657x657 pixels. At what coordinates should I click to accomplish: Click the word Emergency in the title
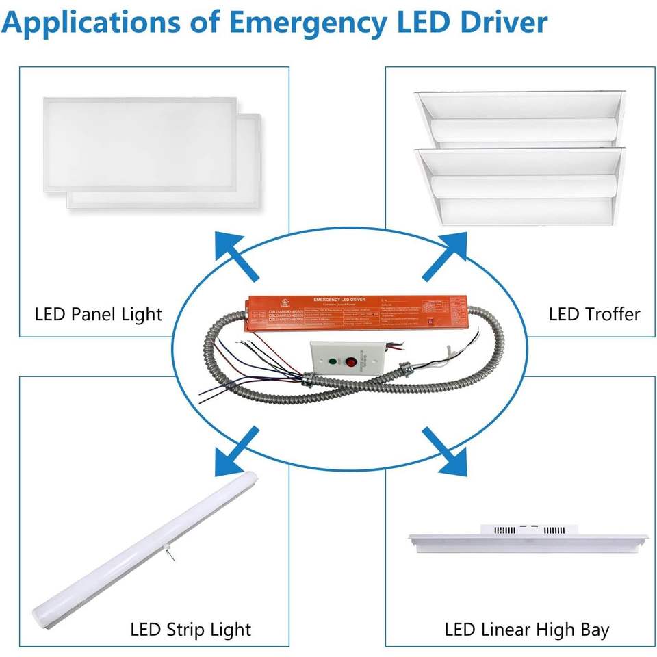click(x=307, y=23)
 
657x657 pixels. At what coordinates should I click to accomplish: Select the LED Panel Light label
click(x=99, y=314)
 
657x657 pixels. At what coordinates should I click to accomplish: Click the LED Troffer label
click(x=594, y=314)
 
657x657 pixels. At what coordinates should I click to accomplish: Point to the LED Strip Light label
click(x=191, y=629)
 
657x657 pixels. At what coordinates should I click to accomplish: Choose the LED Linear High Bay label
click(x=526, y=629)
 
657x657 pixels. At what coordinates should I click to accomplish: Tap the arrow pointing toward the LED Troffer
click(x=446, y=257)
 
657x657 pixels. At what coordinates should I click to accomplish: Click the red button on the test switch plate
click(x=352, y=362)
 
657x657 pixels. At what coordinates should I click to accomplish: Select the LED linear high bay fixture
click(x=527, y=541)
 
